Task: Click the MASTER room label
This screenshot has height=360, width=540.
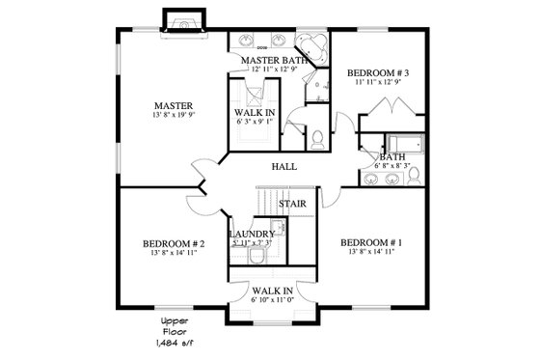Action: coord(174,105)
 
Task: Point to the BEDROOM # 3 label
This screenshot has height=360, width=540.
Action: coord(379,73)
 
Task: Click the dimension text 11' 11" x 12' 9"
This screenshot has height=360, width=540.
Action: coord(379,84)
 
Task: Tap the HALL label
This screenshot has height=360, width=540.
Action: coord(283,167)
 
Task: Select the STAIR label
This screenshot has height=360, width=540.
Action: coord(292,205)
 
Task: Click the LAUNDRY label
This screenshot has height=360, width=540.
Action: coord(253,235)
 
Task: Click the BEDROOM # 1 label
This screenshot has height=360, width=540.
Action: coord(371,241)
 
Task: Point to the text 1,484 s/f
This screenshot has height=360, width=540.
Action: coord(174,343)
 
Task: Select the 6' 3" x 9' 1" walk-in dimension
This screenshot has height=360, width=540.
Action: coord(256,123)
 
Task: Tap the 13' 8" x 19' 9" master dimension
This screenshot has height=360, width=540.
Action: coord(174,117)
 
